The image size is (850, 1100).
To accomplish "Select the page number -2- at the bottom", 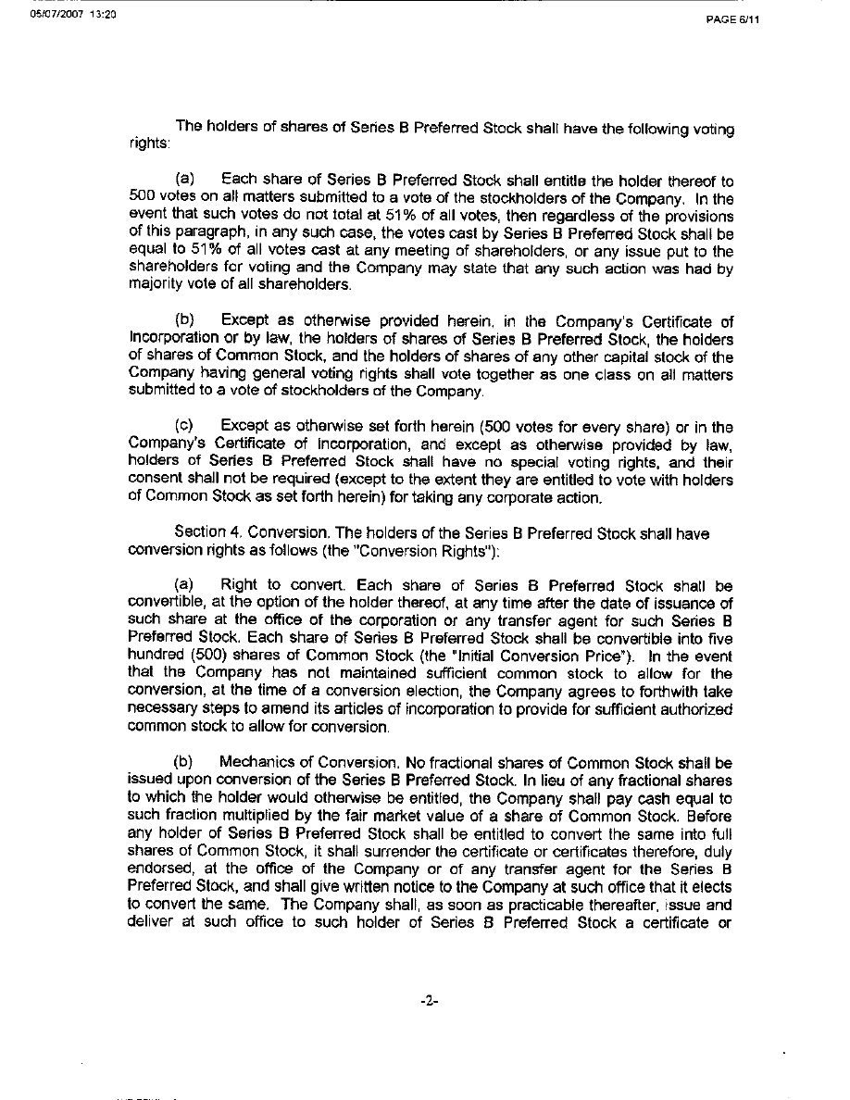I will pyautogui.click(x=427, y=1001).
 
